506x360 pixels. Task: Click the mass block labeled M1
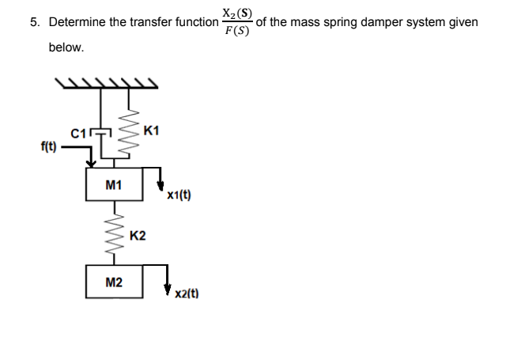tap(114, 184)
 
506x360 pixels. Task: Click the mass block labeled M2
tap(114, 282)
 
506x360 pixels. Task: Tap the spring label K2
tap(137, 236)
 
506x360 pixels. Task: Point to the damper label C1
tap(78, 133)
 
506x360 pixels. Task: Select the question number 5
tap(35, 22)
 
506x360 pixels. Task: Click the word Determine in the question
tap(79, 22)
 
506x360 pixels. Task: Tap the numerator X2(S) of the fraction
tap(237, 13)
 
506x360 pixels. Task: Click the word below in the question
tap(66, 47)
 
